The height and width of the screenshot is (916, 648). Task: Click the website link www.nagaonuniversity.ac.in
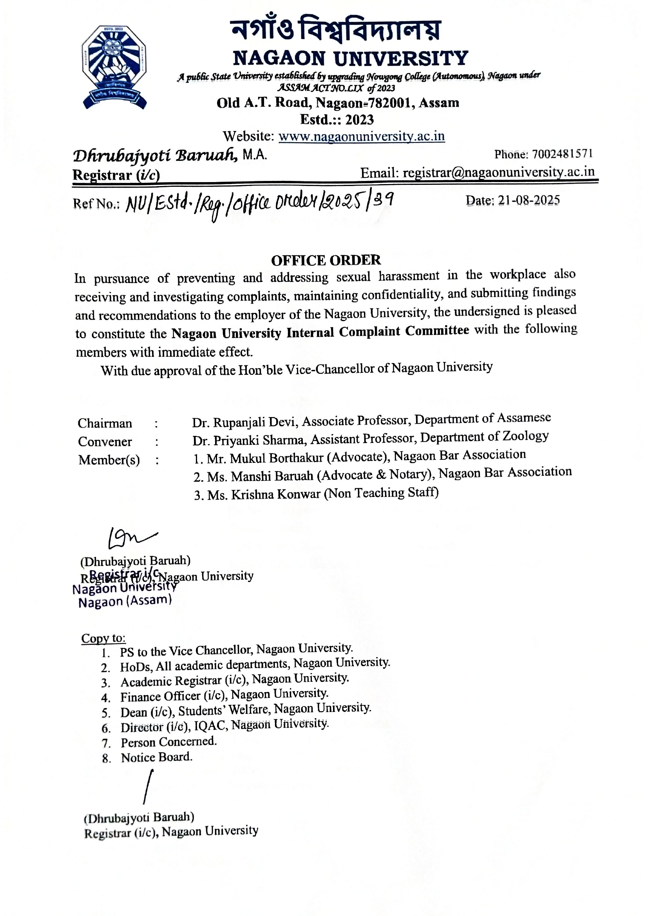point(362,136)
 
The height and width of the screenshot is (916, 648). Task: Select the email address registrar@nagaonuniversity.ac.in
point(498,172)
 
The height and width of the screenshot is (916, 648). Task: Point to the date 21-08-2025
point(529,200)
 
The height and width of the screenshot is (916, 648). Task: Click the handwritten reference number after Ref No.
point(259,204)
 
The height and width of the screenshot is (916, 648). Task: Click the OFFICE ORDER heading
point(326,260)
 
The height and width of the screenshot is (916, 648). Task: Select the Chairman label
point(105,423)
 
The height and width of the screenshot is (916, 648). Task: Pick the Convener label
point(105,442)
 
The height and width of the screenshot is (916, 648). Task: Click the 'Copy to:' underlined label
point(103,638)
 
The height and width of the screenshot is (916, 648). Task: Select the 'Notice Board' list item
point(156,757)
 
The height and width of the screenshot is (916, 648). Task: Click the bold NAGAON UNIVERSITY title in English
point(350,58)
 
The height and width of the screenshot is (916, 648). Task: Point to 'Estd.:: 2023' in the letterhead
point(337,119)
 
